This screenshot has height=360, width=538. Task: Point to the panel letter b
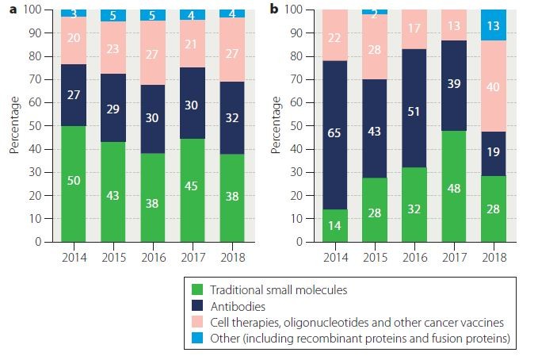tap(274, 10)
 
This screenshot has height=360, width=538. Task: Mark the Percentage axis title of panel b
tap(277, 125)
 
